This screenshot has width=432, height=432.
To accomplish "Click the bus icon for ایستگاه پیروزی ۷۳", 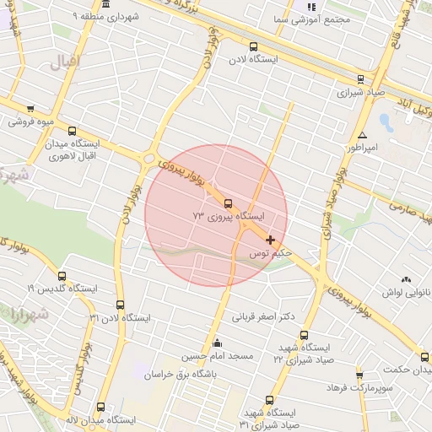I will [228, 202].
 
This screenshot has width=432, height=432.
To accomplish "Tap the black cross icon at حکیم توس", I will [270, 240].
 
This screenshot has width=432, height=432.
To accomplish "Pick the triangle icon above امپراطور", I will [362, 135].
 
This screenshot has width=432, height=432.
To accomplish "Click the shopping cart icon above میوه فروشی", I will [30, 109].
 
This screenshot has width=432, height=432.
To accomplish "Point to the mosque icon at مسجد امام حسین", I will [218, 343].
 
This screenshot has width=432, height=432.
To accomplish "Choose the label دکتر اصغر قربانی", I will [264, 317].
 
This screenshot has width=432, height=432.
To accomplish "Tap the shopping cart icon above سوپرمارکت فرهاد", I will [359, 374].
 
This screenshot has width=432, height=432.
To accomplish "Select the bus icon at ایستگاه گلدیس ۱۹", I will [61, 276].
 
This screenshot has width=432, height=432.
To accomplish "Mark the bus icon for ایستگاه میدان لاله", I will [101, 407].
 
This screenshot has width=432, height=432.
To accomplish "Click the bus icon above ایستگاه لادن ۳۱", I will [120, 305].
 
